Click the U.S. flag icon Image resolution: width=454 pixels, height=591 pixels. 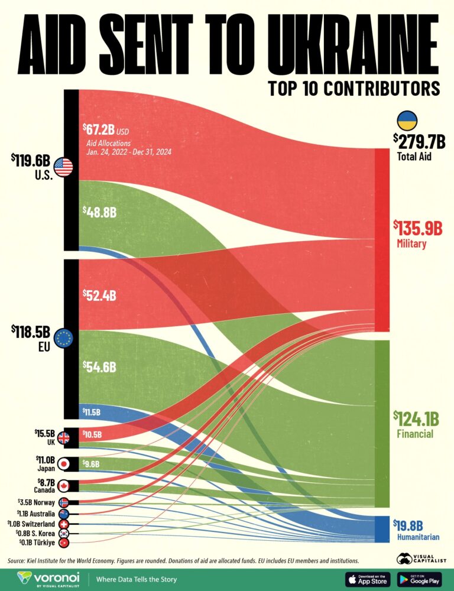[x=63, y=168]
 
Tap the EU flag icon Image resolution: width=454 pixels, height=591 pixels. [x=63, y=339]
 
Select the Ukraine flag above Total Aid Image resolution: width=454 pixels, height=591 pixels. [x=407, y=121]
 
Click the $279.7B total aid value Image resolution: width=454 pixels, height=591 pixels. [x=419, y=141]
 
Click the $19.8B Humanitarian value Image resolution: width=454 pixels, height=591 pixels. [x=416, y=525]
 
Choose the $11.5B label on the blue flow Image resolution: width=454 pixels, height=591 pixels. [x=91, y=412]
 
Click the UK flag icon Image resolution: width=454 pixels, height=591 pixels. [x=63, y=439]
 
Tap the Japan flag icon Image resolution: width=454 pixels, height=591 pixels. [x=63, y=465]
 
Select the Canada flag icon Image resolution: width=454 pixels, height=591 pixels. [x=63, y=486]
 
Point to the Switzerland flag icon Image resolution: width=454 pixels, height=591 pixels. [x=63, y=524]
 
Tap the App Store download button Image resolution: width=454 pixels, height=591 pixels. [x=367, y=579]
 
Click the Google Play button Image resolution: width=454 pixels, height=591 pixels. [x=419, y=579]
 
